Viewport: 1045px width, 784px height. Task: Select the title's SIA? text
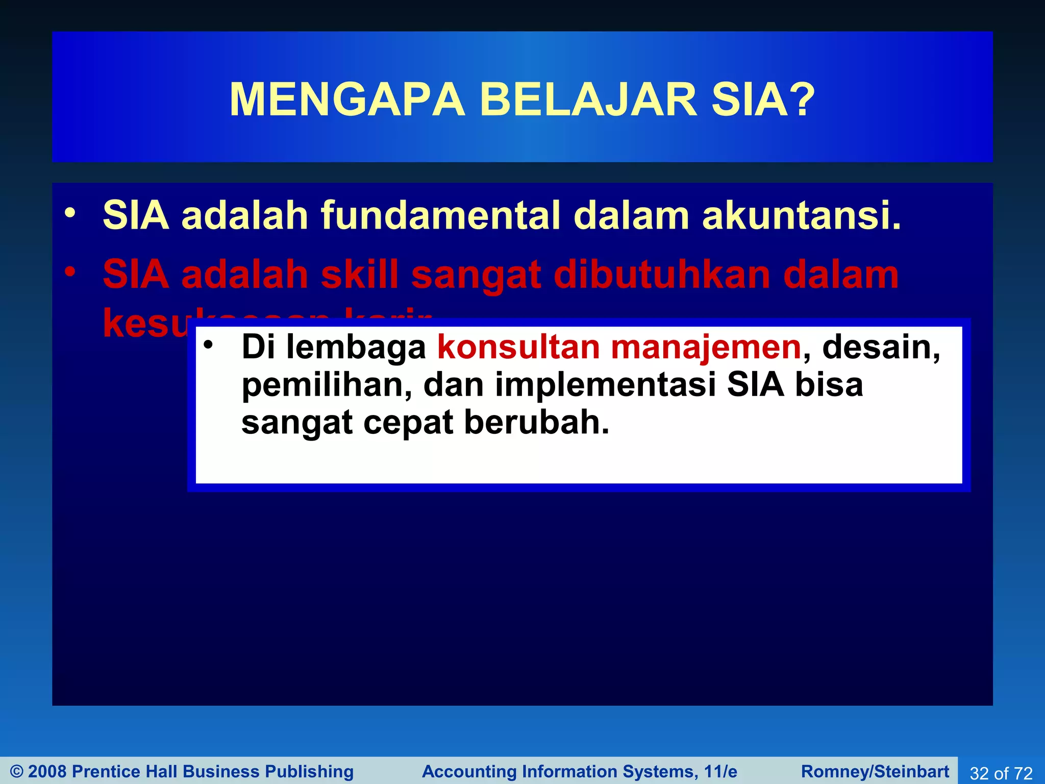point(763,100)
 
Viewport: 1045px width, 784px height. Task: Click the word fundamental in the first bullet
point(440,215)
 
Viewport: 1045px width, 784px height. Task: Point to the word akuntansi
point(801,215)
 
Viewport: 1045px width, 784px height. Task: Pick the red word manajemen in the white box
point(706,348)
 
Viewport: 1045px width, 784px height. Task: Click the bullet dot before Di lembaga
point(207,346)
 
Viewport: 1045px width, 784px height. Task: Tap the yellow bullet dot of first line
point(70,213)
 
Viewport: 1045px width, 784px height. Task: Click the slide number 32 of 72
point(1001,773)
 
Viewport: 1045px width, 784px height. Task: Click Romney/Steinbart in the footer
point(875,771)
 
